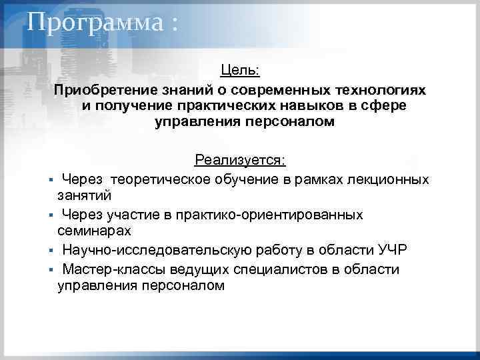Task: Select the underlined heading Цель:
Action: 240,70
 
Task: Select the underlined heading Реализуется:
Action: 240,160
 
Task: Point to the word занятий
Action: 84,196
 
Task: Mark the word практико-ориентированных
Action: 259,214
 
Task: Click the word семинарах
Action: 94,231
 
